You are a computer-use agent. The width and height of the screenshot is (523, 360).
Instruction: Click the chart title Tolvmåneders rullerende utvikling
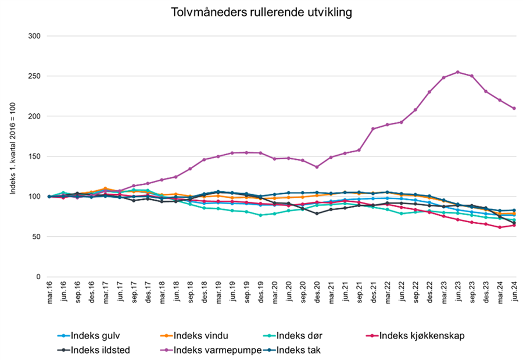[x=261, y=12]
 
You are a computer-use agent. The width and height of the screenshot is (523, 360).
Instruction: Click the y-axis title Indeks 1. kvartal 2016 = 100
[x=12, y=156]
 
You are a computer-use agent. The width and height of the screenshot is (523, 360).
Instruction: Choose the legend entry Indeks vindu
[x=198, y=336]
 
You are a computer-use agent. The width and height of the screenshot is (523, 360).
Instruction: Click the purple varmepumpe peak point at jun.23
[x=458, y=72]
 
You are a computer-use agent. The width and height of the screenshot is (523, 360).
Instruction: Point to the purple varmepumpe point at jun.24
[x=514, y=108]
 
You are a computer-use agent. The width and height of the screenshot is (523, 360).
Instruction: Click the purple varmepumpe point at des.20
[x=317, y=167]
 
